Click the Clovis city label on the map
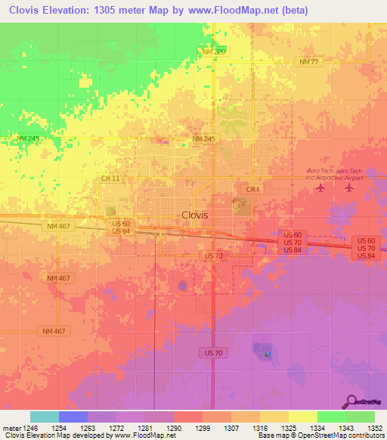tap(194, 215)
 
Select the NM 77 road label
tap(310, 62)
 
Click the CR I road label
tap(252, 189)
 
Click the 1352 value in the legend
tap(375, 427)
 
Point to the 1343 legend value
tap(345, 427)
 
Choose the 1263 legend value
tap(88, 427)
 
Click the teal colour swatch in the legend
tap(45, 417)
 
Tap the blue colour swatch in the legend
tap(73, 417)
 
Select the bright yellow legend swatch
tap(302, 417)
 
